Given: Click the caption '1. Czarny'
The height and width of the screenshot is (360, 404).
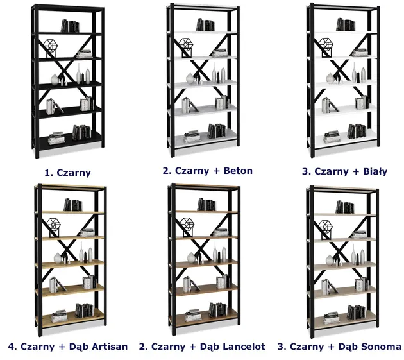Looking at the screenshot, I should click(67, 172).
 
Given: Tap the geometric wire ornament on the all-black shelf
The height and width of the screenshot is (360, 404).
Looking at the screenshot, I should click(51, 46).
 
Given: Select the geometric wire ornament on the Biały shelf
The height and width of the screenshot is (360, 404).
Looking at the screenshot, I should click(326, 46).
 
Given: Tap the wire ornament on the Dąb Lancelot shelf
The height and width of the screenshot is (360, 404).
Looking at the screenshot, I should click(187, 225).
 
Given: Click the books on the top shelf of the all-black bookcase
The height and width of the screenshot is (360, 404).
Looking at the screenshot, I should click(70, 26).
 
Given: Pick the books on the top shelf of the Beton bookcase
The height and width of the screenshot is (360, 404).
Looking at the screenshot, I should click(206, 24).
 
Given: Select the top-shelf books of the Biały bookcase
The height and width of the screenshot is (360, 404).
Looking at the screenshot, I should click(346, 25).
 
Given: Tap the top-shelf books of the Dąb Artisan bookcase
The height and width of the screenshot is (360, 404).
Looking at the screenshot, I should click(72, 205).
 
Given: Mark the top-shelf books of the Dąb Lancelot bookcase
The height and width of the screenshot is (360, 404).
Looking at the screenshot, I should click(206, 205).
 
